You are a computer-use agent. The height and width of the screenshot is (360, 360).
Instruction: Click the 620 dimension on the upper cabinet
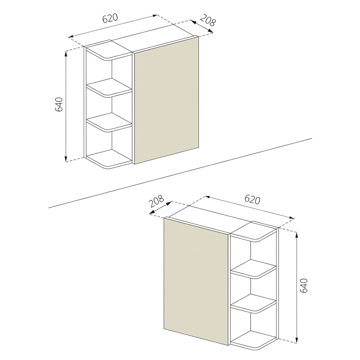pos(110,18)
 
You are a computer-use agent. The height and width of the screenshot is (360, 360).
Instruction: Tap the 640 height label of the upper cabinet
pos(59,104)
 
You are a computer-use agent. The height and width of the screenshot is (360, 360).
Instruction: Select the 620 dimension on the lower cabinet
pos(252,199)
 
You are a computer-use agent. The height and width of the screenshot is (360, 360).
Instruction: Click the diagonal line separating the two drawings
pos(180,173)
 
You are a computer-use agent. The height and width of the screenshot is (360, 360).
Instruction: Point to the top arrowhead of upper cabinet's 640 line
pos(66,53)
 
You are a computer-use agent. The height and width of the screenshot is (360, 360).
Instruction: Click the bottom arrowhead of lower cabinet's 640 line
pos(296,340)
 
